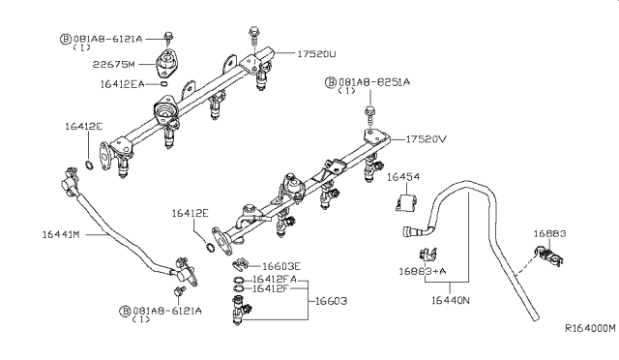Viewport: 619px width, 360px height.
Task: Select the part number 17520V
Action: tap(427, 139)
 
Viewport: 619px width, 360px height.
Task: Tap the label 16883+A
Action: tap(423, 273)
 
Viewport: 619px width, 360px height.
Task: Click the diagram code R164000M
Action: tap(588, 328)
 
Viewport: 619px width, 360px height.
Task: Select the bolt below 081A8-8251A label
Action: tap(369, 114)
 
